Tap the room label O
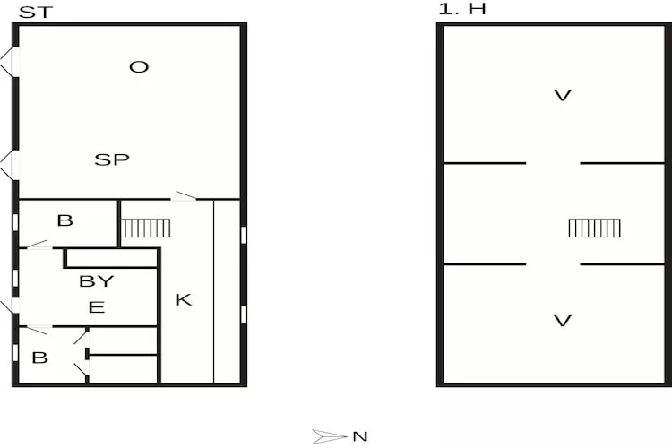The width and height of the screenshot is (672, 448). (138, 67)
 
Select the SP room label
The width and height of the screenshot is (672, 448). (112, 160)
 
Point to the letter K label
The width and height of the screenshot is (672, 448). (183, 300)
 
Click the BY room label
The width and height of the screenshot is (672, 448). (97, 280)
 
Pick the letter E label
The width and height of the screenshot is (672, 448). (97, 307)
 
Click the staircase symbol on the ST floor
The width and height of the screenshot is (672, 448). (145, 228)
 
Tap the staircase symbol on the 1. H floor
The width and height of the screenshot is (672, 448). (594, 228)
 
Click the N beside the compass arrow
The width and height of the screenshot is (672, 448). (359, 436)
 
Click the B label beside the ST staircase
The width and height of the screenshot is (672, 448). (65, 220)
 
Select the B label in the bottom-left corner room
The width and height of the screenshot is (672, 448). (39, 358)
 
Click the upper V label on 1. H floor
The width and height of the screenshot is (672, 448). (563, 95)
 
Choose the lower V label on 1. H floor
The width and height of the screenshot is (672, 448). (563, 321)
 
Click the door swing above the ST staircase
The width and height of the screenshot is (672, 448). (185, 195)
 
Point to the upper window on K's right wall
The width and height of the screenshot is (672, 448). (244, 235)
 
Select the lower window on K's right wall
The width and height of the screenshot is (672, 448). (244, 314)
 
